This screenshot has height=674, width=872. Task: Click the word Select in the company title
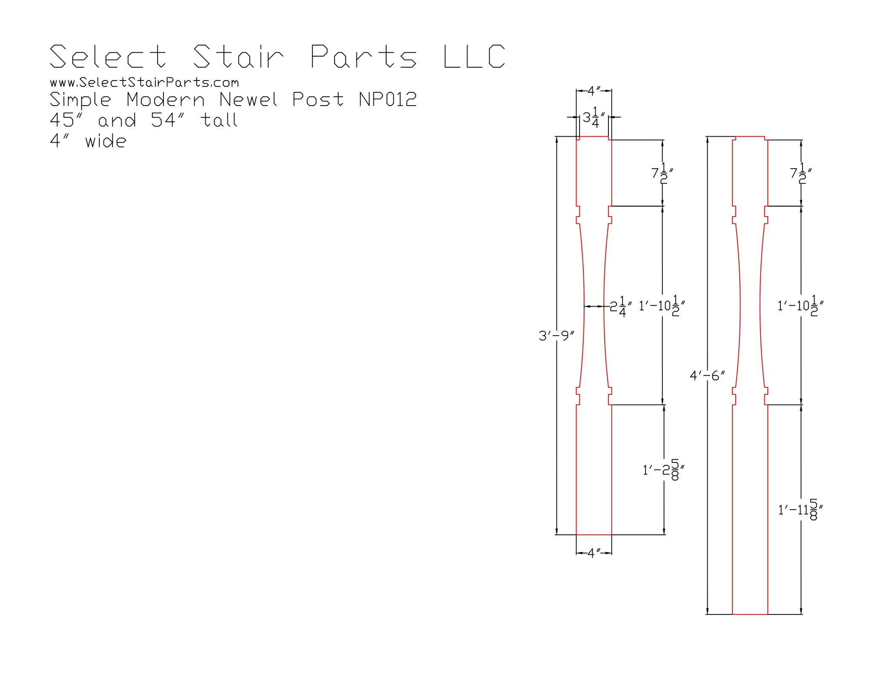[108, 56]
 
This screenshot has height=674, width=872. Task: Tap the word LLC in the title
[474, 56]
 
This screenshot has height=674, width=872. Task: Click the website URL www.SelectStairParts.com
[144, 82]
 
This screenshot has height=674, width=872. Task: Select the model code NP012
[387, 100]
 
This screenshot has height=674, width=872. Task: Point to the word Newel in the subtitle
[248, 100]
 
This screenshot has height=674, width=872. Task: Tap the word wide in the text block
[106, 141]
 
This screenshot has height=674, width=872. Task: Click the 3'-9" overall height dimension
[556, 336]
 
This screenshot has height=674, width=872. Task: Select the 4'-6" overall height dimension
[707, 376]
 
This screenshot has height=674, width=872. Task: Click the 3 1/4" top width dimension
[594, 118]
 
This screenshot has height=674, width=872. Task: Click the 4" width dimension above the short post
[594, 91]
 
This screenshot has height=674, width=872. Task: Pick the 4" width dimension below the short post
[594, 553]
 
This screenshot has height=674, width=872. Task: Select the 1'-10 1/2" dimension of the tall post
[800, 306]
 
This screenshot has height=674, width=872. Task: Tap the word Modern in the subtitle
[166, 100]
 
